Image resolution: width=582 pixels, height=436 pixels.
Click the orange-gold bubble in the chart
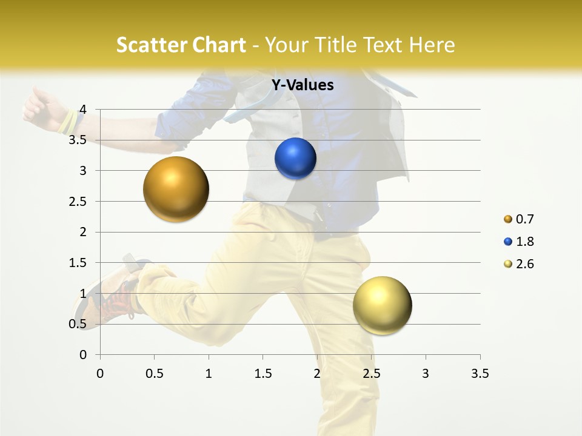(x=176, y=189)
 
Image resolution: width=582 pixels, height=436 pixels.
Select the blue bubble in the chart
(x=295, y=159)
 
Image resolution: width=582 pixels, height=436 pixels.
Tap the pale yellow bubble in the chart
(x=382, y=305)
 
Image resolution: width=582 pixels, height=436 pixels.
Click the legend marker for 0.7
(x=508, y=219)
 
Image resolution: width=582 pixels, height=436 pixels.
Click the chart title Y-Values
(x=303, y=85)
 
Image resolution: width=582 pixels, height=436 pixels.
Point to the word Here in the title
(x=432, y=45)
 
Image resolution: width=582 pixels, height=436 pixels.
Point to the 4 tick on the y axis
(x=84, y=110)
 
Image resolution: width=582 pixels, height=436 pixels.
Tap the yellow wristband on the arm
(x=69, y=123)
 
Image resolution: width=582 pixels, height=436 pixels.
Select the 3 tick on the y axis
(x=84, y=171)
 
